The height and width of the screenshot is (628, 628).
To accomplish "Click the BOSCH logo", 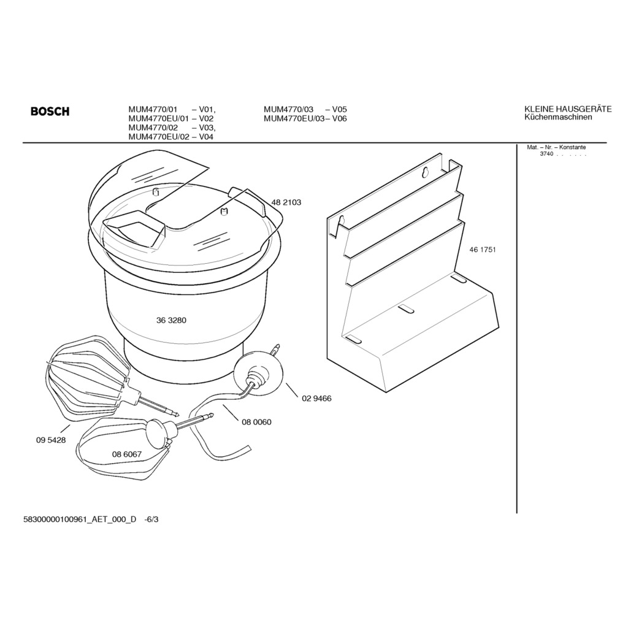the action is click(50, 111).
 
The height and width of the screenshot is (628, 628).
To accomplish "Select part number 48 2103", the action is click(286, 202).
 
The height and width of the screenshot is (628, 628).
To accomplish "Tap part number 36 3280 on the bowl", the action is click(171, 320).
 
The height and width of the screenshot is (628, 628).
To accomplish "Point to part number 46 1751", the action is click(483, 250).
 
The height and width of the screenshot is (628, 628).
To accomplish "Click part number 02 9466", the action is click(316, 399).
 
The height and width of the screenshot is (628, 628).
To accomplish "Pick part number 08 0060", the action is click(256, 422).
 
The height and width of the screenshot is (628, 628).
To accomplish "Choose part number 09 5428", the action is click(51, 440).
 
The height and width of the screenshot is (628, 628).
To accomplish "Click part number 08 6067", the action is click(127, 454).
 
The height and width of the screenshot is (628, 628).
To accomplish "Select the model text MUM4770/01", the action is click(153, 109).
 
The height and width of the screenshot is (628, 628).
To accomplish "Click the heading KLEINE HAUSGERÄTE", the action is click(568, 109).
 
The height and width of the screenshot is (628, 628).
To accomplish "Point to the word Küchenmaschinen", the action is click(558, 117).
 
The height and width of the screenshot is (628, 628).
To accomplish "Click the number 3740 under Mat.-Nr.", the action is click(546, 154).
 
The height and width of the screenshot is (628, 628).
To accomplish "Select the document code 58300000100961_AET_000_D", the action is click(80, 519).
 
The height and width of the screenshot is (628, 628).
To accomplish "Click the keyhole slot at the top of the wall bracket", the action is click(425, 172).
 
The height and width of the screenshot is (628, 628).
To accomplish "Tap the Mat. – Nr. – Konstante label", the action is click(556, 147).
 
